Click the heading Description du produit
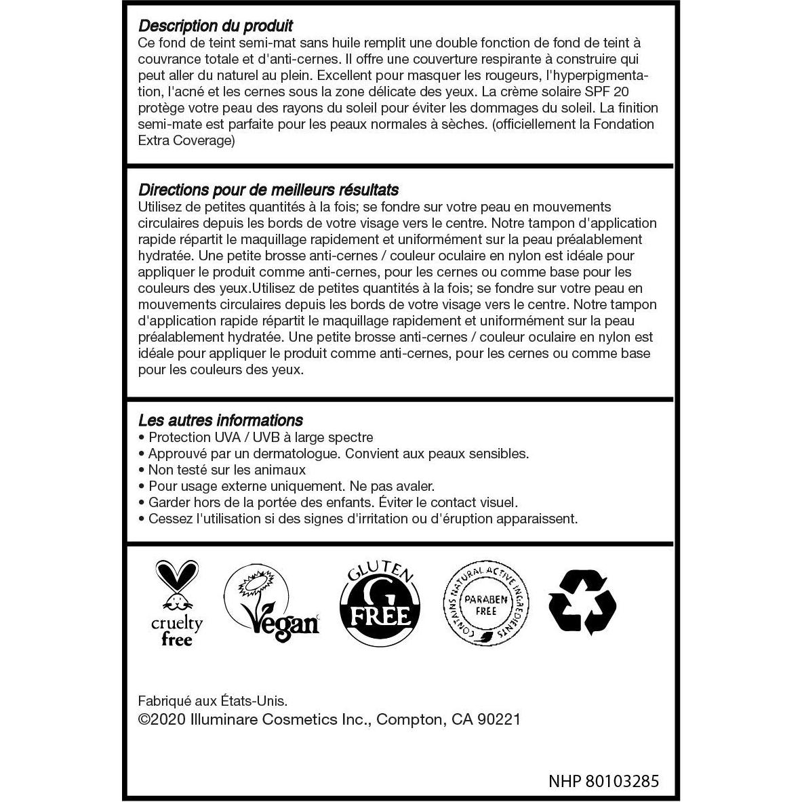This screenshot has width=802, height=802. (215, 26)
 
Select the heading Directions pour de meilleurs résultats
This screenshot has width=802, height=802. (268, 190)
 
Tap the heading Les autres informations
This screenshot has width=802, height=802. (220, 420)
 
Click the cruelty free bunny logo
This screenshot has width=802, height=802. (177, 603)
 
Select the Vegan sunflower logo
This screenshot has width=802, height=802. (271, 603)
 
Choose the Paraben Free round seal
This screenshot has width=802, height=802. (485, 603)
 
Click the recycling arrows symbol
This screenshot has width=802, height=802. (582, 603)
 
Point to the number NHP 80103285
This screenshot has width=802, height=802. (603, 781)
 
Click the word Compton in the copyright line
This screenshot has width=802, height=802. (407, 720)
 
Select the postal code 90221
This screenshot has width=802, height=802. (498, 720)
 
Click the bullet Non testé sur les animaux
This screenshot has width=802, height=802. (226, 470)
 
